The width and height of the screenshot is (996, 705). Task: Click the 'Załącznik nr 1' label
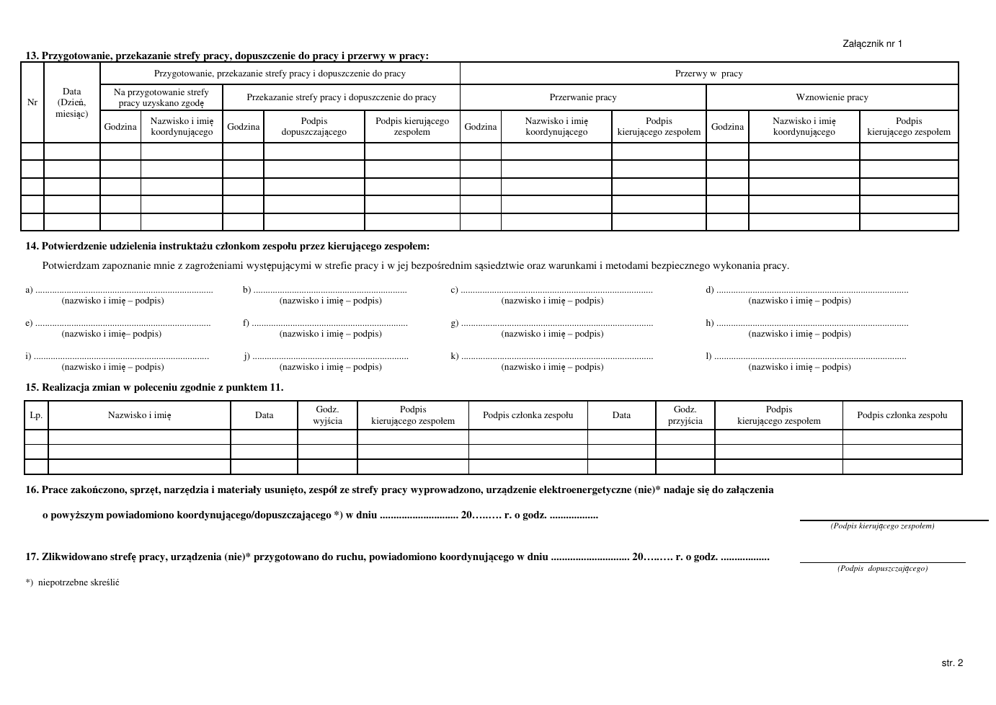click(x=872, y=44)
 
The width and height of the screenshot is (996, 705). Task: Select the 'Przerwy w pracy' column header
click(x=708, y=74)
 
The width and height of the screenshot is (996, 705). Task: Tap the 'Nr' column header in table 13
click(x=32, y=102)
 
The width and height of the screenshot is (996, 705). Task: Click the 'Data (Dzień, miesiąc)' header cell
click(x=72, y=102)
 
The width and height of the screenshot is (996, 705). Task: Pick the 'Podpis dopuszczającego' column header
click(x=314, y=126)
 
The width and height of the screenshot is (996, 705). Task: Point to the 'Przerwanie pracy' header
click(x=582, y=97)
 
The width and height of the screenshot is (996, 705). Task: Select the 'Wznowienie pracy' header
click(x=832, y=97)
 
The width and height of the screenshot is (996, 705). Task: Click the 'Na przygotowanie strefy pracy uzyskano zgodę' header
click(x=161, y=97)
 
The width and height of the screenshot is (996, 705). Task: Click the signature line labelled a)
click(x=124, y=291)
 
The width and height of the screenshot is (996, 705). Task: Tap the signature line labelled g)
click(x=556, y=324)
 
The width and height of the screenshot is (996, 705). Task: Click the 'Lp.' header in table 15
click(x=36, y=415)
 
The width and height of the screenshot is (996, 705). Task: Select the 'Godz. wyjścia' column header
click(x=327, y=415)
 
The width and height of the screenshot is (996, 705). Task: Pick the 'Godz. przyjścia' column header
click(x=685, y=415)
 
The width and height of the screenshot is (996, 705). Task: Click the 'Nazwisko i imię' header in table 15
click(x=139, y=415)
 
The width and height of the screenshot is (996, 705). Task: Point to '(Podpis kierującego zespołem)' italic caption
click(x=882, y=526)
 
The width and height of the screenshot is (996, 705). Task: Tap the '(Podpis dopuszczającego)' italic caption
click(x=882, y=569)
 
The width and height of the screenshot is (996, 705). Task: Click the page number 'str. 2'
click(x=951, y=663)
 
